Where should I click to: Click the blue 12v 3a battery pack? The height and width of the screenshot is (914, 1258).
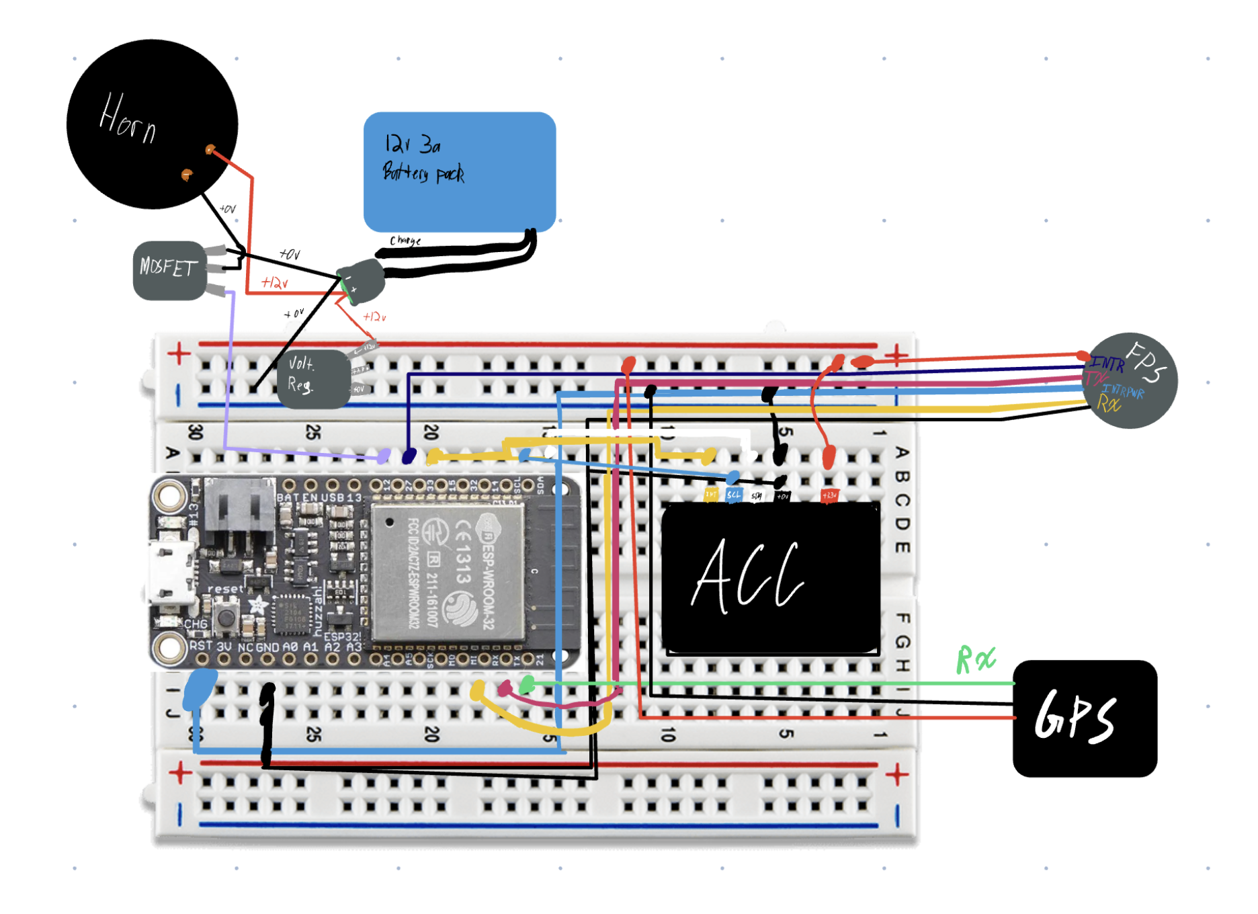[x=459, y=171]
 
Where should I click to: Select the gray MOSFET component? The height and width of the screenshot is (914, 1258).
[x=169, y=269]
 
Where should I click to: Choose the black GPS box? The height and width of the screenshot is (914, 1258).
[x=1084, y=718]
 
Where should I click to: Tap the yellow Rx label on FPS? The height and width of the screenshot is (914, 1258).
[x=1108, y=404]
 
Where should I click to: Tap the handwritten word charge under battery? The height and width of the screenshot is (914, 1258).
[x=405, y=240]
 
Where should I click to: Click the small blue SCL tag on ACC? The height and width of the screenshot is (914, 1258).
[x=733, y=495]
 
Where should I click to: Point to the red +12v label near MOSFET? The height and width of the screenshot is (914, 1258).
[x=274, y=283]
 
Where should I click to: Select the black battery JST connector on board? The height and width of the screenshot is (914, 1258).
[x=239, y=511]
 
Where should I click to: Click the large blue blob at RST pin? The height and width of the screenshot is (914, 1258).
[x=200, y=687]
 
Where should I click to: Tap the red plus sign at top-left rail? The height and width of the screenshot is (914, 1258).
[x=179, y=354]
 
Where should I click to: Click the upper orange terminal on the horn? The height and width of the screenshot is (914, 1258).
[x=210, y=149]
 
